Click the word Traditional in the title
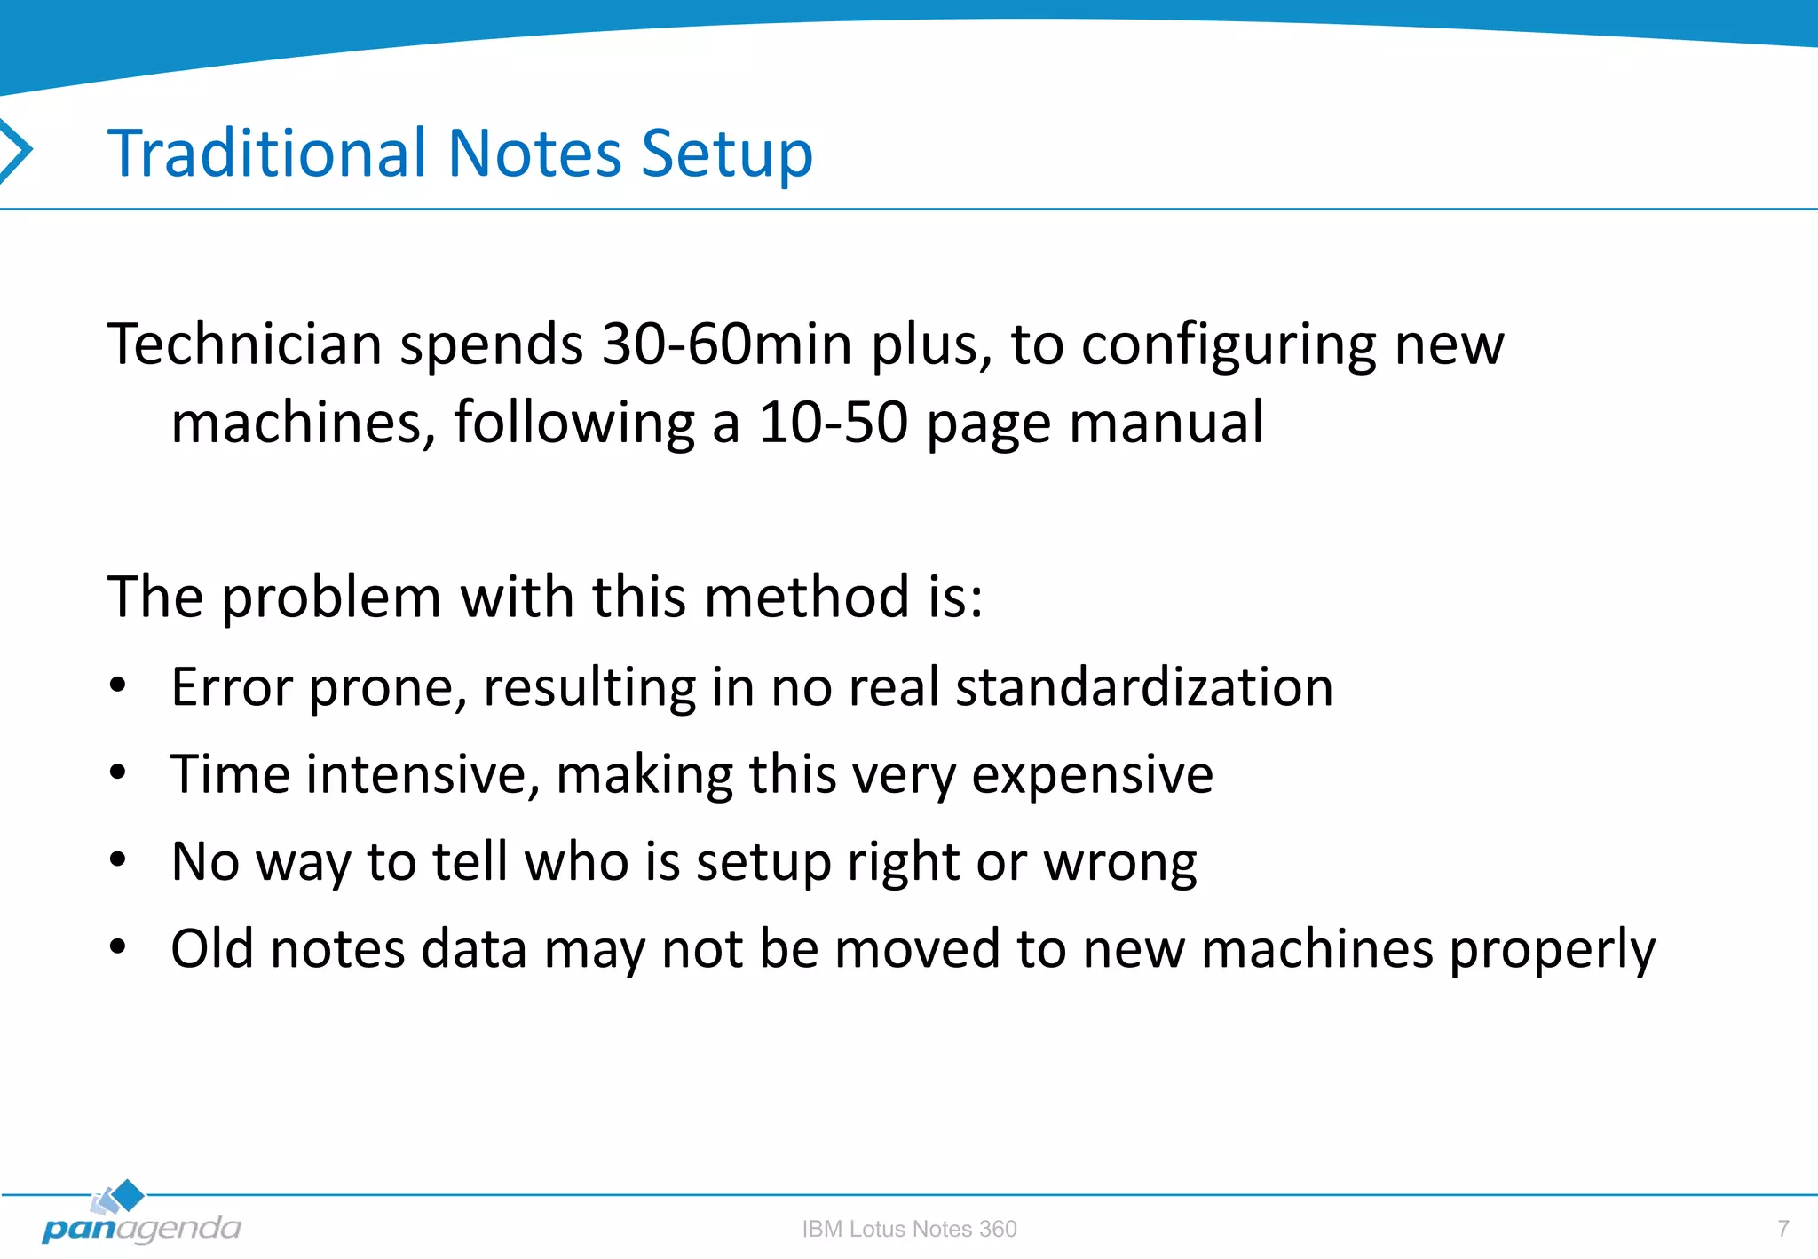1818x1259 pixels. [x=267, y=153]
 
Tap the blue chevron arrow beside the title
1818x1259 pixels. [x=16, y=151]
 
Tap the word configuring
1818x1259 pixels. [x=1228, y=346]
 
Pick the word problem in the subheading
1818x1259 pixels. [x=331, y=598]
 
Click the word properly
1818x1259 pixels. [x=1552, y=950]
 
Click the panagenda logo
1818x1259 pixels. [x=140, y=1216]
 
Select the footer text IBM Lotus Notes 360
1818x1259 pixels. [x=909, y=1229]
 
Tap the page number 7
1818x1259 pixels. [x=1782, y=1229]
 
